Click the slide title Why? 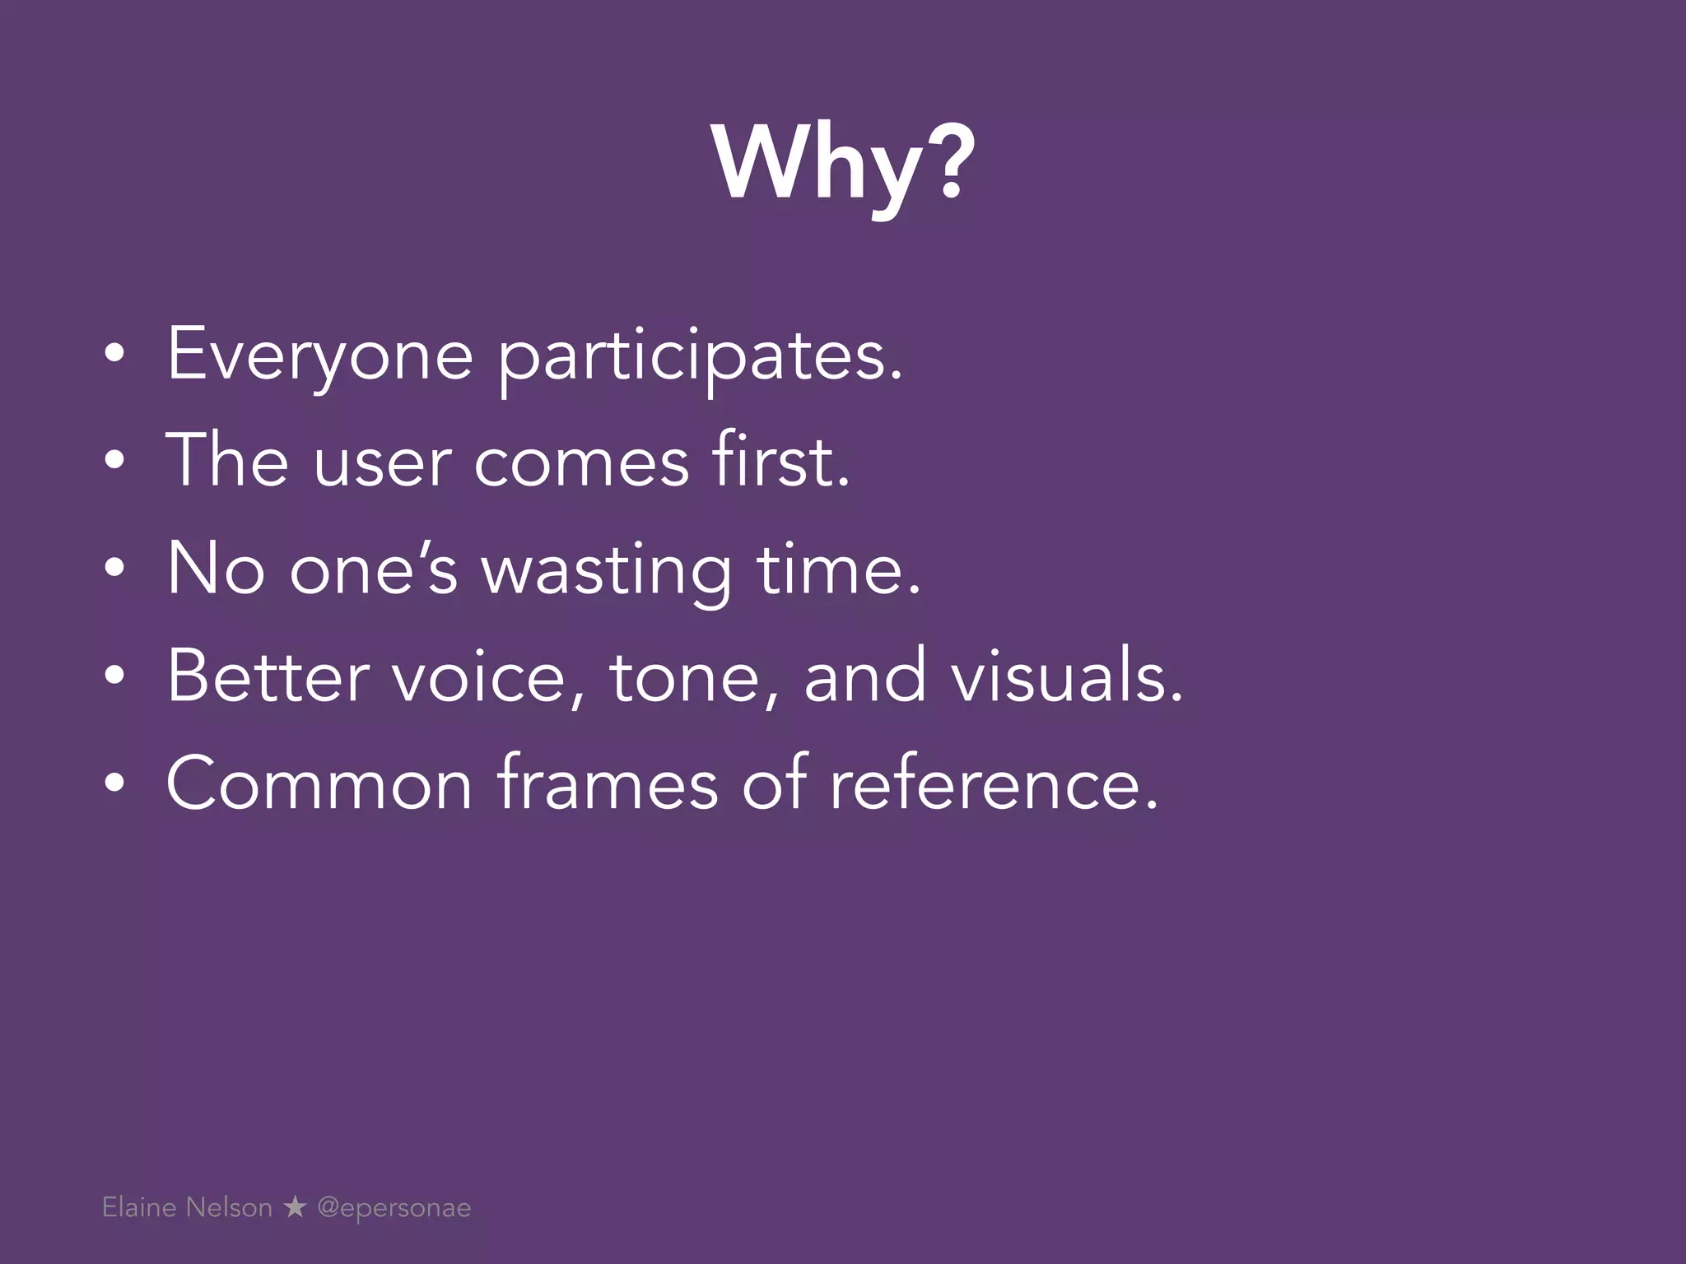843,165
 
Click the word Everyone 320,355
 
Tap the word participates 701,358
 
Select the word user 382,462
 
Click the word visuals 1067,676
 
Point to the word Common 319,784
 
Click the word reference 994,784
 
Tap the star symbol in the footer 295,1207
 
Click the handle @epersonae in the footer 394,1208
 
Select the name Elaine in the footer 139,1207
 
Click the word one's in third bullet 373,570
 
